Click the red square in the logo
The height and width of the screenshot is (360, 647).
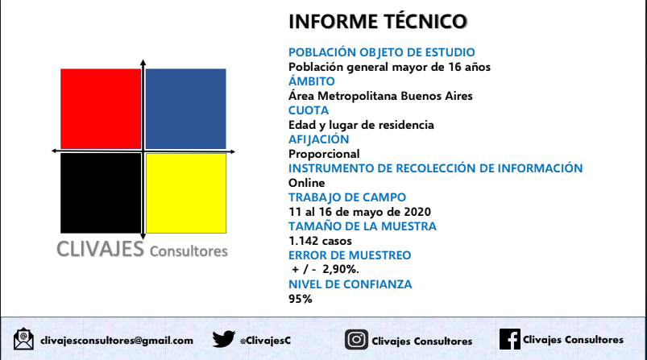coord(101,109)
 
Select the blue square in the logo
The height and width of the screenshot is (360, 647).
coord(185,109)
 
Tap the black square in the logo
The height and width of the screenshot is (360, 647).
coord(101,193)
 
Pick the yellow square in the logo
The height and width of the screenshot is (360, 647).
coord(186,193)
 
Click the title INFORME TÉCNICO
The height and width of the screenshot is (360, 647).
coord(378,22)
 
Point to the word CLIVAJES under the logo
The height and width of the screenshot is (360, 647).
coord(100,249)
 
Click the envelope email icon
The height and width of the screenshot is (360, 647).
coord(23,339)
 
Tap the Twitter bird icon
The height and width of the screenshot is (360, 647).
coord(224,339)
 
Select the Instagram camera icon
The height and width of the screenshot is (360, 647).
coord(356,340)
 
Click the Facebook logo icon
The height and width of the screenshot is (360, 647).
coord(510,339)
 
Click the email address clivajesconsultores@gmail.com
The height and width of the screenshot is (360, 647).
coord(117,341)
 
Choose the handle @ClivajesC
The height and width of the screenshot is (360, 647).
coord(265,341)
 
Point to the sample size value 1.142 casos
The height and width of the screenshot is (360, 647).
coord(320,241)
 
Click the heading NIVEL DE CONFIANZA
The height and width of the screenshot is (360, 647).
coord(350,284)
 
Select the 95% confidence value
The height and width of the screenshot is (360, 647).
coord(301,299)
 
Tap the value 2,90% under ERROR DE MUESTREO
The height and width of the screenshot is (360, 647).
coord(340,269)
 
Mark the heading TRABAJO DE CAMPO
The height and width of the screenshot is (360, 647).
coord(347,197)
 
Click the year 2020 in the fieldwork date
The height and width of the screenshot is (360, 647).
coord(417,212)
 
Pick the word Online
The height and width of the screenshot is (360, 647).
coord(307,183)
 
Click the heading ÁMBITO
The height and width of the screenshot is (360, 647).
coord(312,81)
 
